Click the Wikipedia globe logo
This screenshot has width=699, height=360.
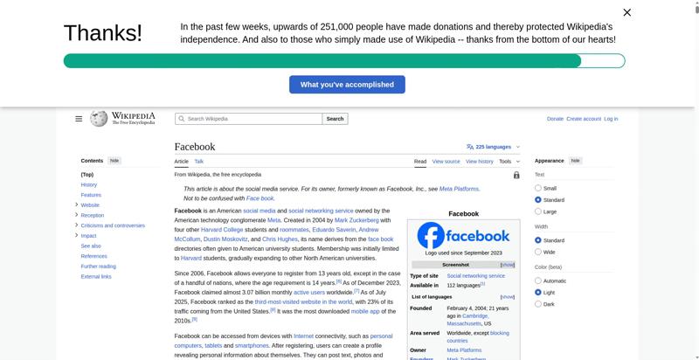click(99, 119)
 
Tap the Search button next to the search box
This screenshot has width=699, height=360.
click(335, 119)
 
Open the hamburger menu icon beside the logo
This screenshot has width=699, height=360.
click(79, 119)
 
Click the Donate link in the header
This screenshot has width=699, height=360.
click(555, 119)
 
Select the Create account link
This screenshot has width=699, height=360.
click(584, 119)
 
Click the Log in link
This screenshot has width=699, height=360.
click(611, 119)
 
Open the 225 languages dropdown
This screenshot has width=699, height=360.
click(494, 147)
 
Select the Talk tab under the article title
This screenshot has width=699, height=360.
click(199, 162)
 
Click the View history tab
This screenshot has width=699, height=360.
click(480, 162)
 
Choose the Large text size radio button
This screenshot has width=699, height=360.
click(538, 211)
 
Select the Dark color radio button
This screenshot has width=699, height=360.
click(538, 304)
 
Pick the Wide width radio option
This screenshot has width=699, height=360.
click(538, 252)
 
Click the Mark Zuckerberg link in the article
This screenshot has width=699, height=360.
click(356, 220)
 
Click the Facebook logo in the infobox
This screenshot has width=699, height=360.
click(463, 236)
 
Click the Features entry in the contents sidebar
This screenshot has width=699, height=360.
click(91, 195)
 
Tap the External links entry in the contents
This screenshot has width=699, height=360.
click(96, 276)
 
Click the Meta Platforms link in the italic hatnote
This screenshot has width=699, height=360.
click(459, 189)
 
